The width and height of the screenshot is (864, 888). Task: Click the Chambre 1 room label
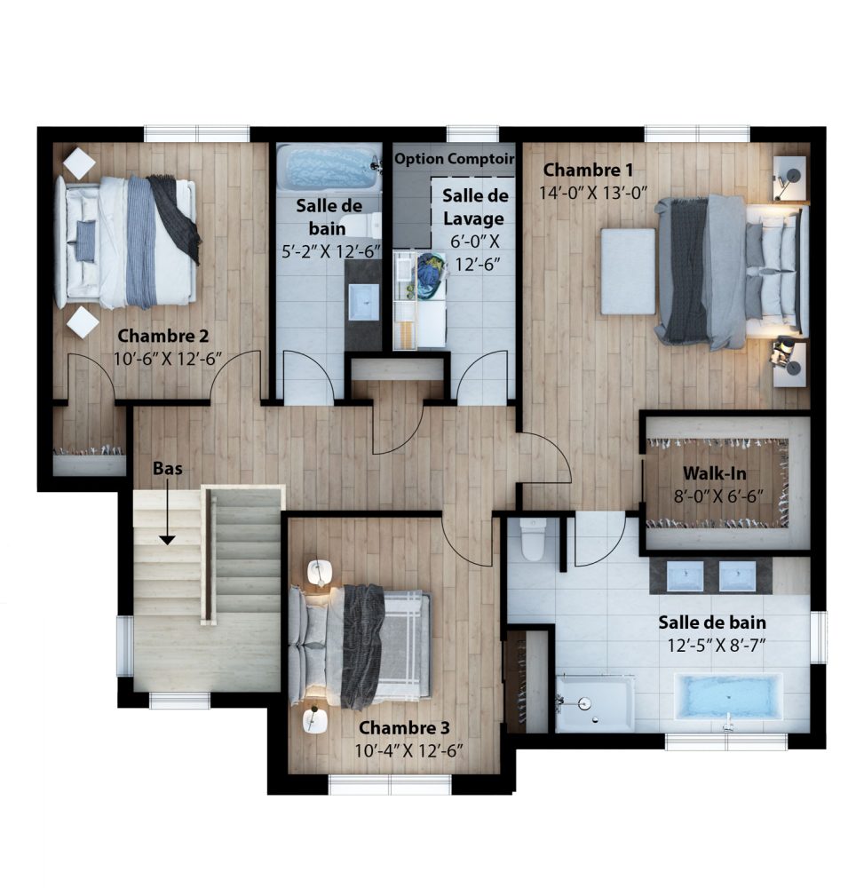588,170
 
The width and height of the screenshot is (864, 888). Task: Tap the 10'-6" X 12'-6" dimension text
168,359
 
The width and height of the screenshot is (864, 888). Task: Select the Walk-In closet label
714,473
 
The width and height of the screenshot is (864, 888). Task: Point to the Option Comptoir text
454,159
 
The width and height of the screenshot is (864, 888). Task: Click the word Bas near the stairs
168,468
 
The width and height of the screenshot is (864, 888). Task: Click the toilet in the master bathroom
532,539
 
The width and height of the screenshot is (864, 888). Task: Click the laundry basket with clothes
432,274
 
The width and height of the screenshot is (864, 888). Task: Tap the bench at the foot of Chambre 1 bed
628,271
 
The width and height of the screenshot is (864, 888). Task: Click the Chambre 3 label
404,728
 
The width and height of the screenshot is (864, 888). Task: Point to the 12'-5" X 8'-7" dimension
717,646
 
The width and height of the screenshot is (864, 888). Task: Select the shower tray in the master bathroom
595,702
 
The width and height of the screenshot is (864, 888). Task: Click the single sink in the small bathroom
363,303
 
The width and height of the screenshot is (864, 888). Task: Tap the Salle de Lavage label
474,207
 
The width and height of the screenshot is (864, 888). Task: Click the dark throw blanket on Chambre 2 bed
177,218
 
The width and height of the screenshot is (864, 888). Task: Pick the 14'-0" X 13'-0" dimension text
592,193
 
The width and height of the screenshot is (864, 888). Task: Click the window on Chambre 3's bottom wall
390,785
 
